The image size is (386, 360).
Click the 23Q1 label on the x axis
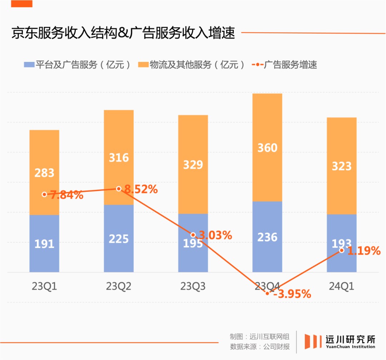pos(44,286)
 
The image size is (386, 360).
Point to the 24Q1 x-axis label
pos(342,286)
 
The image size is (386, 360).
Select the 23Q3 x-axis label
pos(193,286)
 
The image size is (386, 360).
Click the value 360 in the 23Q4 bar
pos(267,148)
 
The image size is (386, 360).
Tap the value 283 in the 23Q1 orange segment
pos(44,173)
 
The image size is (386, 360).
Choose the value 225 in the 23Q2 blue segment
pos(119,239)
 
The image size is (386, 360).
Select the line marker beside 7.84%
pos(44,194)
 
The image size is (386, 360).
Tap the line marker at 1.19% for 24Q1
pos(342,250)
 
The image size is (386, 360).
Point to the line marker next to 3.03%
pos(193,235)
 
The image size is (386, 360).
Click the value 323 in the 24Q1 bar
pos(342,166)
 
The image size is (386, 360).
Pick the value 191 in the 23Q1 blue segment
pos(44,244)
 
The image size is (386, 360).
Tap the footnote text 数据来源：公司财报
pos(260,346)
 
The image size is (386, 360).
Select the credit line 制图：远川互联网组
pos(260,336)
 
